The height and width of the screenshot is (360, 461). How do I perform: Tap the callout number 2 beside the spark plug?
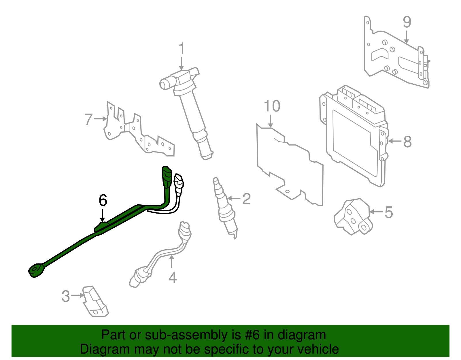[246, 199]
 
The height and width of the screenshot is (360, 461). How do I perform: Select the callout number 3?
[66, 296]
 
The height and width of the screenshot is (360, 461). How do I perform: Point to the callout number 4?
[172, 278]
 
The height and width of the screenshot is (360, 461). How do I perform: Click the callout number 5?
[388, 212]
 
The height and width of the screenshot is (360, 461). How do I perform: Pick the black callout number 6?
[103, 200]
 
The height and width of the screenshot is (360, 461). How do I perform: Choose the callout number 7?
[88, 119]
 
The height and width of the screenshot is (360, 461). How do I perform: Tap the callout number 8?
[407, 142]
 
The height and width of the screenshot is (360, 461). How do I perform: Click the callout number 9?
[407, 22]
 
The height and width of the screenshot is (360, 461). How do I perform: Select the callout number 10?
[272, 106]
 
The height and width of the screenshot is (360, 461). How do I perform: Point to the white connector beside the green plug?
[179, 181]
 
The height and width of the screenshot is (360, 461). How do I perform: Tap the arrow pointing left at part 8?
[395, 141]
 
